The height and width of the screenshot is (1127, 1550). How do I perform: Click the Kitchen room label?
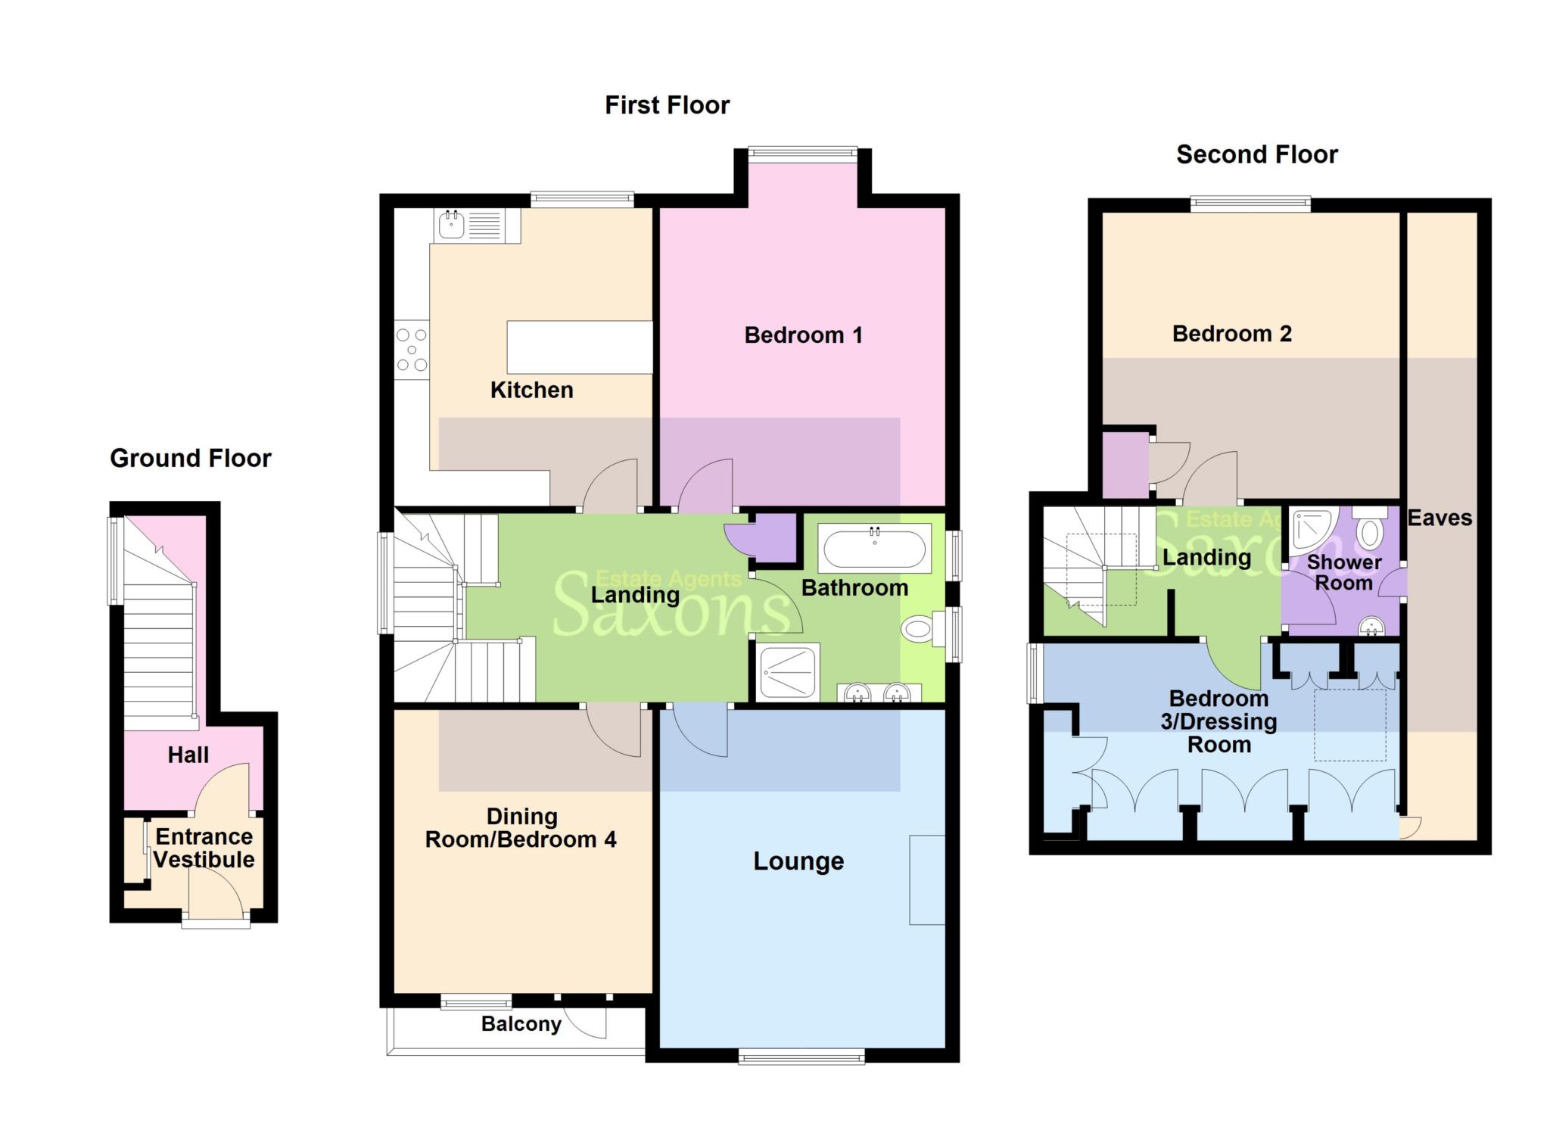pos(531,390)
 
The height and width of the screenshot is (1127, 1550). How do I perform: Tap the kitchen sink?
pos(478,226)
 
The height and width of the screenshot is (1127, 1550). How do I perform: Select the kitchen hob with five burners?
pos(412,350)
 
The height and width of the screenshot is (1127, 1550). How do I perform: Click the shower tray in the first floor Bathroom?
pos(788,671)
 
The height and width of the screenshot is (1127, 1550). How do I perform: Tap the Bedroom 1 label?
pos(803,335)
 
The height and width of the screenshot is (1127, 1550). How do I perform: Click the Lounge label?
pos(798,861)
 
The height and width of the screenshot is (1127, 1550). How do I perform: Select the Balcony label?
pos(521,1024)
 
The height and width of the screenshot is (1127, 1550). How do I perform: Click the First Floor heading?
pos(667,104)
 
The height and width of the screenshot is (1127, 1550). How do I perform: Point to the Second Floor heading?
pos(1256,154)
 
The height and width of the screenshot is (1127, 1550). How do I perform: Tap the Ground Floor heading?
pos(191,458)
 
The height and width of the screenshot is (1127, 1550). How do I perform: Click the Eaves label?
pos(1440,518)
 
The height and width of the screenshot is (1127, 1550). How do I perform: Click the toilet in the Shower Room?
pos(1370,527)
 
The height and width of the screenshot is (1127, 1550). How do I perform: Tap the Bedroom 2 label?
pos(1231,333)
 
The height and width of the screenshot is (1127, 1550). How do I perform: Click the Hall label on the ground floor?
pos(188,755)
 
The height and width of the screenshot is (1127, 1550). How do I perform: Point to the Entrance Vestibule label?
pos(204,848)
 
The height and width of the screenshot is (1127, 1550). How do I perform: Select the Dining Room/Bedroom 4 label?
pos(521,828)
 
